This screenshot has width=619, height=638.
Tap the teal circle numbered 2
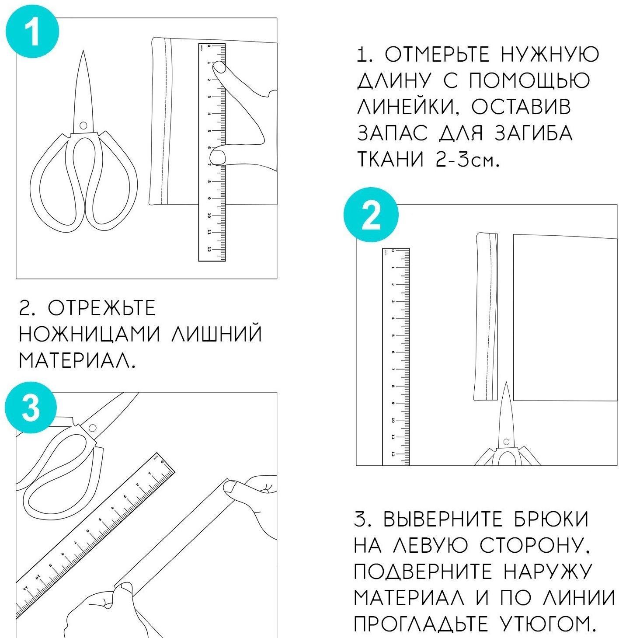click(372, 215)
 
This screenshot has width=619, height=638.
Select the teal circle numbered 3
click(31, 409)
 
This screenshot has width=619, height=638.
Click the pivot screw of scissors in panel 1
click(83, 126)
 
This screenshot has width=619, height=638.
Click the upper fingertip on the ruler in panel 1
click(220, 67)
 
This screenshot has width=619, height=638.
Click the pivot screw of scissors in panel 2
click(506, 442)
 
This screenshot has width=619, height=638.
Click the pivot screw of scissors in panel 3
click(92, 428)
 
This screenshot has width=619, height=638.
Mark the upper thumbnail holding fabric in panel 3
click(230, 486)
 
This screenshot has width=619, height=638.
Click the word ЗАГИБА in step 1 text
click(533, 134)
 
